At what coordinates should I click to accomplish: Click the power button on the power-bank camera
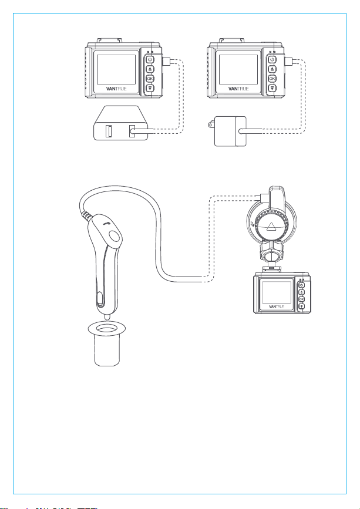[x=149, y=60]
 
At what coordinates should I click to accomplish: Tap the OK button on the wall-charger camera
[x=272, y=79]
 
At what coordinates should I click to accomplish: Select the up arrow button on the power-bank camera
[x=149, y=69]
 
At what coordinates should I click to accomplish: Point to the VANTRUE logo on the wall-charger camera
[x=238, y=88]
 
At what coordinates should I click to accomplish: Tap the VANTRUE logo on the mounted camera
[x=277, y=306]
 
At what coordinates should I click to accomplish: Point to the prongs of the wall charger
[x=211, y=124]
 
